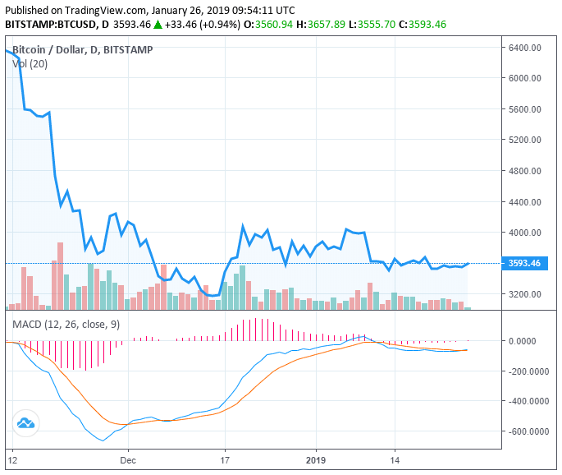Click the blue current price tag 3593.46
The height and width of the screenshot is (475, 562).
(x=523, y=264)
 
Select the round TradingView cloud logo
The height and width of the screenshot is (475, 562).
(x=25, y=424)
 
